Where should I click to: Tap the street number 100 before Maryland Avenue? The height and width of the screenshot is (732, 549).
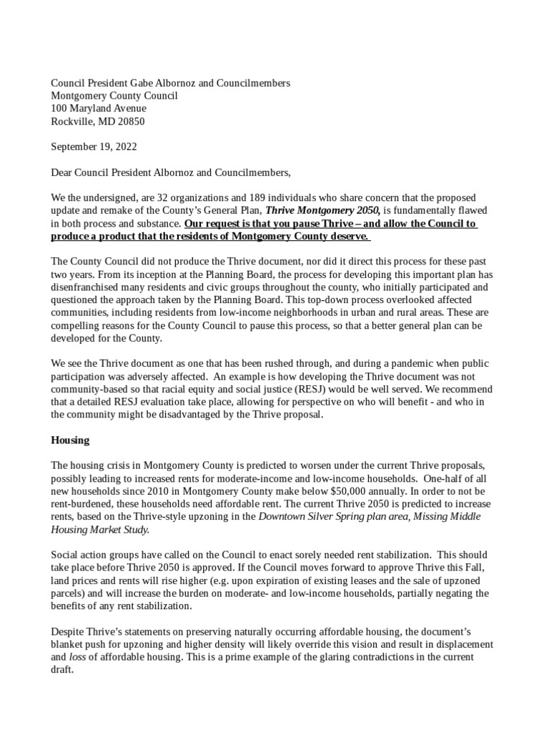(x=59, y=109)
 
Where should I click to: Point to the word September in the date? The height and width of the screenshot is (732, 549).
(x=73, y=147)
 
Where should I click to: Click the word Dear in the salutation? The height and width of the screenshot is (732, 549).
(x=62, y=172)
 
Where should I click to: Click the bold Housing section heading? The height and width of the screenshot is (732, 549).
(x=69, y=440)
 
